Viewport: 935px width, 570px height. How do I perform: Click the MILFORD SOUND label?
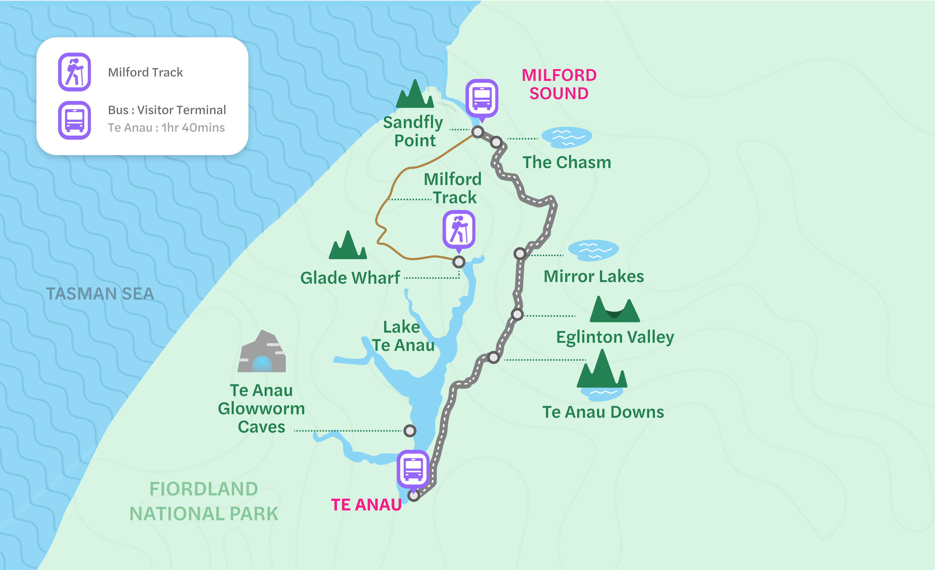click(559, 84)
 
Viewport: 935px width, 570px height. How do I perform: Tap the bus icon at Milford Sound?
click(482, 98)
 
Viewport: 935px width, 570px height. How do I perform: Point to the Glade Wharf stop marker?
click(459, 262)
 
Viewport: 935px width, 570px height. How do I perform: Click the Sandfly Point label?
click(414, 131)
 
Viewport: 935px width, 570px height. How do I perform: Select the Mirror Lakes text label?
click(593, 276)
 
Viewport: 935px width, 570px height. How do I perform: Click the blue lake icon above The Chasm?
click(567, 137)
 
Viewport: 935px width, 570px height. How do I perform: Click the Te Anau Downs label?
click(603, 412)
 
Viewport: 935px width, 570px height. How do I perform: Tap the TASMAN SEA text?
click(100, 294)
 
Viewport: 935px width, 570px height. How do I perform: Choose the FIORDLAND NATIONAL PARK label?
click(204, 501)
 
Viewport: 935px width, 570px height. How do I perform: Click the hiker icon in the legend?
click(74, 72)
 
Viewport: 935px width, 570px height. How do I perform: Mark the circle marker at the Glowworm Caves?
click(410, 431)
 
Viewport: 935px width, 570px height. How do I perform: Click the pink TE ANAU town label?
click(366, 505)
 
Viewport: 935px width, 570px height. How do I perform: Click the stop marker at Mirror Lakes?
click(520, 253)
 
